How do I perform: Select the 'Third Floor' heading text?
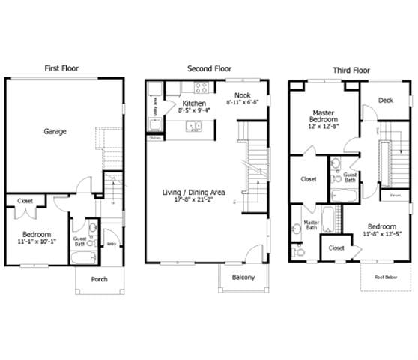(x=351, y=70)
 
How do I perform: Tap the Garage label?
(x=55, y=131)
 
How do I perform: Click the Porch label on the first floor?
(x=99, y=279)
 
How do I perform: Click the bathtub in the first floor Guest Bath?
(x=82, y=257)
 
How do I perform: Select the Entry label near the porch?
(x=111, y=243)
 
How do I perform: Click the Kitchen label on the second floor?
(x=194, y=103)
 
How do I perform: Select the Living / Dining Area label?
(x=194, y=192)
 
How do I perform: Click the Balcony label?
(x=243, y=277)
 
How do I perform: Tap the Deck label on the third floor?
(x=385, y=100)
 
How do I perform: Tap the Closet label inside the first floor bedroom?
(x=25, y=201)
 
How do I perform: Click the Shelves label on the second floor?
(x=155, y=138)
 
